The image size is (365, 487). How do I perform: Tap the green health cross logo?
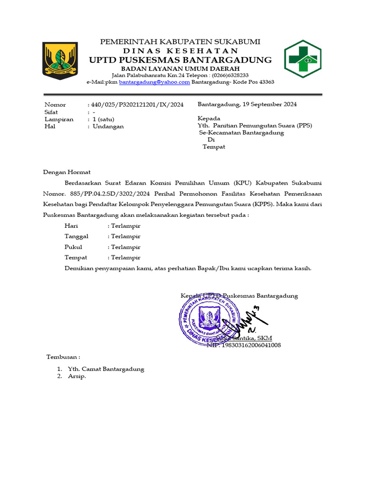tap(303, 59)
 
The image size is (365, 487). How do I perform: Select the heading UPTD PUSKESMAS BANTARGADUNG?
tap(180, 60)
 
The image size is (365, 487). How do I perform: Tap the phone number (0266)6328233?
tap(230, 75)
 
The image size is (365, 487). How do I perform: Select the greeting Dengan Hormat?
tap(67, 172)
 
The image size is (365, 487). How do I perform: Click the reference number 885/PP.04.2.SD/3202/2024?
tap(108, 194)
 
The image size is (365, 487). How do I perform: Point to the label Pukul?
tap(73, 247)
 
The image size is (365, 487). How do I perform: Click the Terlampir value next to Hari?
tap(125, 225)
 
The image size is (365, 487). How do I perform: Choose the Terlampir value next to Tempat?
tap(125, 257)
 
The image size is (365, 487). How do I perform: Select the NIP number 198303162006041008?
tap(251, 345)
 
